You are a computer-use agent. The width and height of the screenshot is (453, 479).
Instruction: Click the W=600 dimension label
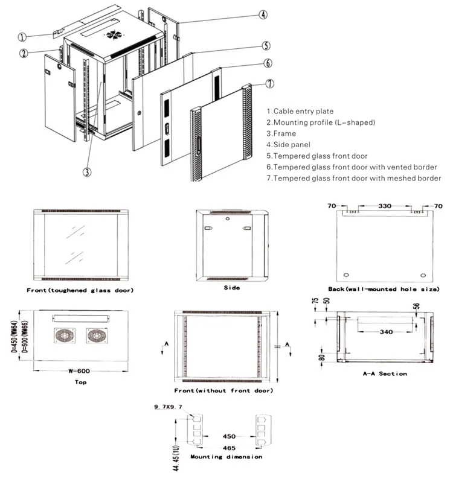(x=75, y=372)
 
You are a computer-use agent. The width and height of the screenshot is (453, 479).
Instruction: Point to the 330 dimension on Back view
(x=384, y=206)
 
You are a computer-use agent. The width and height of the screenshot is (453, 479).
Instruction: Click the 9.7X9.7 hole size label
(x=169, y=408)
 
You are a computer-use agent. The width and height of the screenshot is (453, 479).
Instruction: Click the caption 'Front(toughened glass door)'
(x=80, y=291)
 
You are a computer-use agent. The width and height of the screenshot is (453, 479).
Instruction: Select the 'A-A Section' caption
(x=384, y=374)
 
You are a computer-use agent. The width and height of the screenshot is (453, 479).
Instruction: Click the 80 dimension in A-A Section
(x=322, y=357)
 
